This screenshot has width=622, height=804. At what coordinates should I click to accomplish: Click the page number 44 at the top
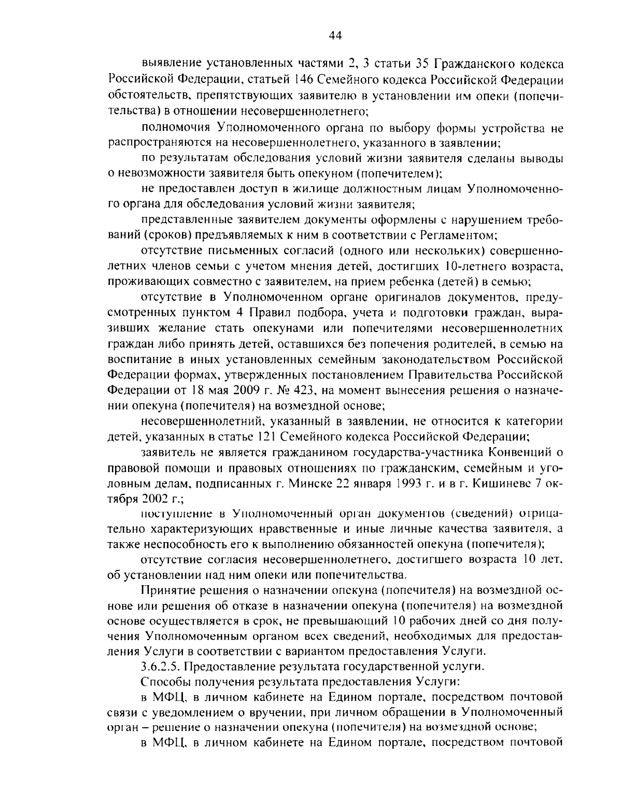coord(334,35)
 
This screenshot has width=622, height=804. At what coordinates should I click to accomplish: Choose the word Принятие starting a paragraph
coord(168,590)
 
